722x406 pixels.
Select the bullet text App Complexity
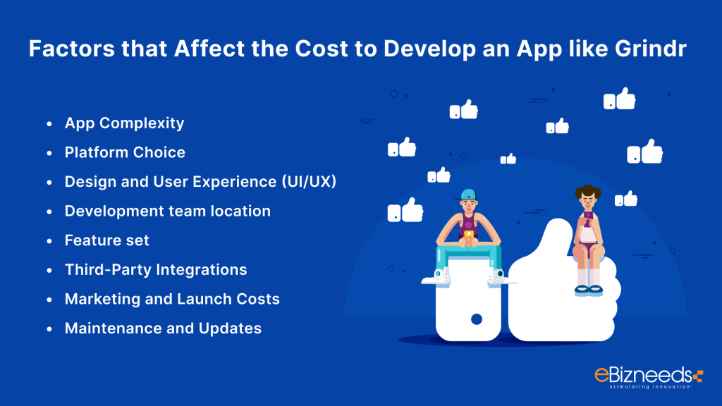click(x=124, y=123)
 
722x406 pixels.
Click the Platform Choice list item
click(x=125, y=152)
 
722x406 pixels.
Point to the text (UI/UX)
click(x=309, y=182)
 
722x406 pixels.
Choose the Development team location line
click(x=168, y=211)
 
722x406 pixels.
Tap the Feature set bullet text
click(x=107, y=240)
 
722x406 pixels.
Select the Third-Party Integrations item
click(x=156, y=270)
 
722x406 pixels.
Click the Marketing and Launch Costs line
click(x=172, y=299)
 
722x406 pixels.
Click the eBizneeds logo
click(x=649, y=378)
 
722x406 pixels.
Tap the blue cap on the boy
click(x=467, y=195)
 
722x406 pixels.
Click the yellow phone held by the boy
click(x=469, y=236)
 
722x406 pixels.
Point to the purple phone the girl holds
click(x=588, y=216)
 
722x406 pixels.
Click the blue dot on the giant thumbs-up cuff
click(x=477, y=319)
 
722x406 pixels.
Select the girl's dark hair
click(x=588, y=190)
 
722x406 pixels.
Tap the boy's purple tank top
click(x=468, y=226)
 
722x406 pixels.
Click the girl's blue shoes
click(x=589, y=290)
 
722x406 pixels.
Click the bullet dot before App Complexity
click(x=49, y=124)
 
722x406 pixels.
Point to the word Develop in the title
click(x=429, y=49)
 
